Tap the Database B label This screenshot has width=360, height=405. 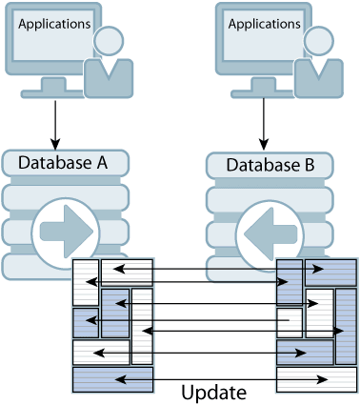tap(270, 166)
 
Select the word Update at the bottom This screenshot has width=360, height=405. tap(213, 392)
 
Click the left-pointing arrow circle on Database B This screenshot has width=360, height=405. tap(270, 232)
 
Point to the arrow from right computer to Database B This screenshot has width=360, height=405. tap(262, 121)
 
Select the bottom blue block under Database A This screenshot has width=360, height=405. tap(112, 378)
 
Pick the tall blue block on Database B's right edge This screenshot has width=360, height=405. tap(346, 327)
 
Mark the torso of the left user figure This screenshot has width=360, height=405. tap(109, 76)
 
